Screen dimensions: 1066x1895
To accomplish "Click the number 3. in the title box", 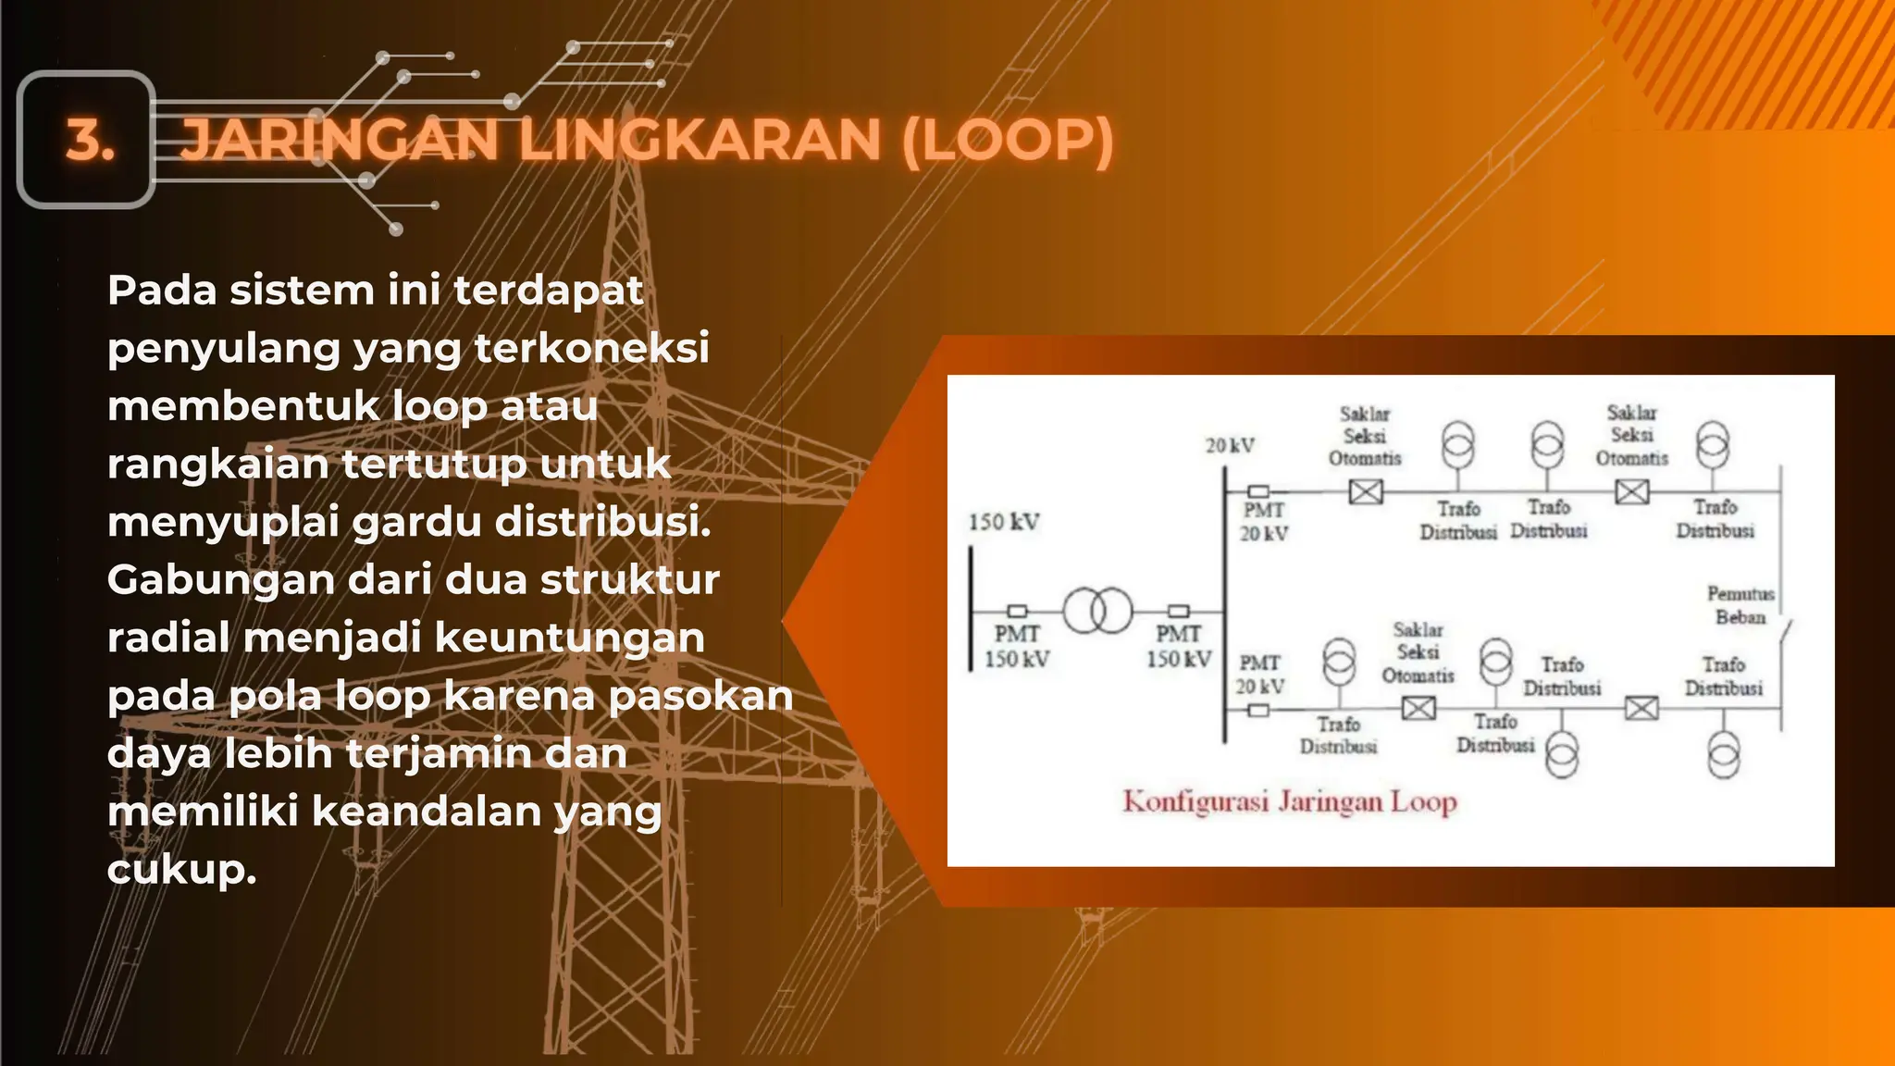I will [90, 141].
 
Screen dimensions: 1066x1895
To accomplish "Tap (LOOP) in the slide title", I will [1008, 141].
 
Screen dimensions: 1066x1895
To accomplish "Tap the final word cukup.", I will [181, 869].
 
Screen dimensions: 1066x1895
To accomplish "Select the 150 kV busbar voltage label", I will [1004, 522].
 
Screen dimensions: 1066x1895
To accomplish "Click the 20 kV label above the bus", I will [1230, 446].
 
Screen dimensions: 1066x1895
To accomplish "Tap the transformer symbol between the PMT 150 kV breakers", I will [1097, 611].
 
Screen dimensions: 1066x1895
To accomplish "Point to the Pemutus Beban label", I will [1740, 605].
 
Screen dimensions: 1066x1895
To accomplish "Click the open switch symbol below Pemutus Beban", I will [1785, 638].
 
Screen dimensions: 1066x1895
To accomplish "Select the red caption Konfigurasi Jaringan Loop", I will [1290, 801].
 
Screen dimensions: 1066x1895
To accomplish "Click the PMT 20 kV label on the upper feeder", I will [1264, 522].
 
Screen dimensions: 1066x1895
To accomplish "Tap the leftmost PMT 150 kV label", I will [1017, 646].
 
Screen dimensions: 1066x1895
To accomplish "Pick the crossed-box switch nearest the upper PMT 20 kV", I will [1366, 491].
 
